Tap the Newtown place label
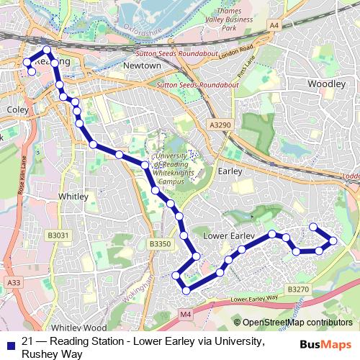[142, 66]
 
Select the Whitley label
[73, 196]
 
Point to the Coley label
[16, 109]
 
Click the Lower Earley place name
[225, 235]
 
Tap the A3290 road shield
[221, 125]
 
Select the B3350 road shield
[160, 245]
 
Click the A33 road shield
[14, 284]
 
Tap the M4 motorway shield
[186, 314]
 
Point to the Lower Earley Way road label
[253, 297]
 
